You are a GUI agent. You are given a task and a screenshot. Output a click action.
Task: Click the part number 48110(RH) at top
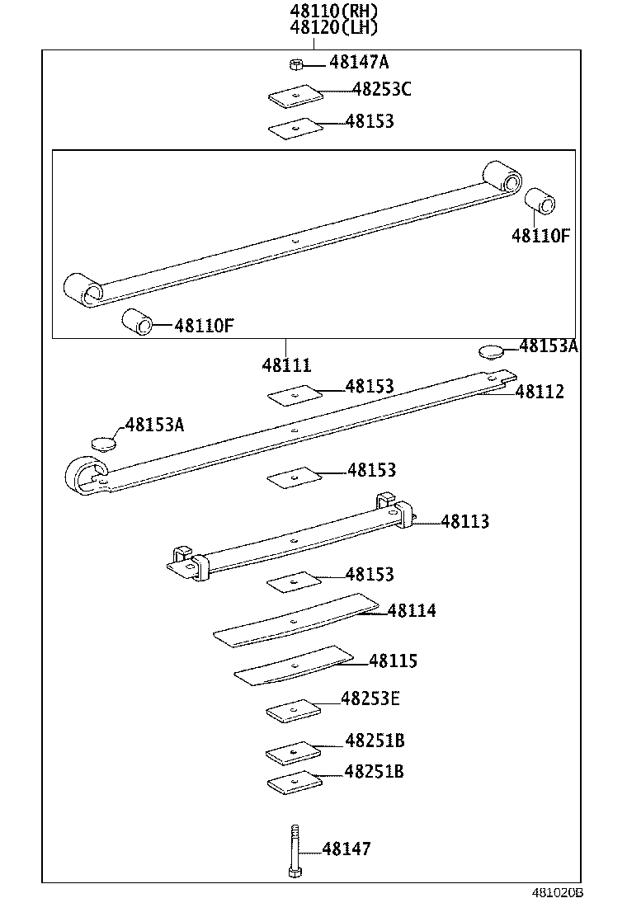pos(333,11)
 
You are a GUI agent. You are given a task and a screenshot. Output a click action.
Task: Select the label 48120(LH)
pos(333,27)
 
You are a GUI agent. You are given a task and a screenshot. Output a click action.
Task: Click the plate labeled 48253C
pos(293,96)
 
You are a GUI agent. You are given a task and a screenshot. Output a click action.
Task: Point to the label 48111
pos(286,364)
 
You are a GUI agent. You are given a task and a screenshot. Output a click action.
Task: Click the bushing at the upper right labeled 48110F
pos(540,201)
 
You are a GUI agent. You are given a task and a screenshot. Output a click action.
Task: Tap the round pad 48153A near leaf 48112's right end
pos(491,351)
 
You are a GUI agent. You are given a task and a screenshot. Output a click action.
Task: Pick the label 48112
pos(540,392)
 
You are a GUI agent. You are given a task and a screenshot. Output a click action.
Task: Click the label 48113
pos(464,521)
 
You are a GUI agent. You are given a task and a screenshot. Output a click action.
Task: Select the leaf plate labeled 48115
pos(295,665)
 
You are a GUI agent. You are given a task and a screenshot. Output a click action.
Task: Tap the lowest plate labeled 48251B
pos(293,783)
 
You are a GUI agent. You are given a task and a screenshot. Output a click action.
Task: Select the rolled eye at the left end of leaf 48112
pos(85,474)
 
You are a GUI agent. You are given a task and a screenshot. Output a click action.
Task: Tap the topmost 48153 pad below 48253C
pos(293,128)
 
